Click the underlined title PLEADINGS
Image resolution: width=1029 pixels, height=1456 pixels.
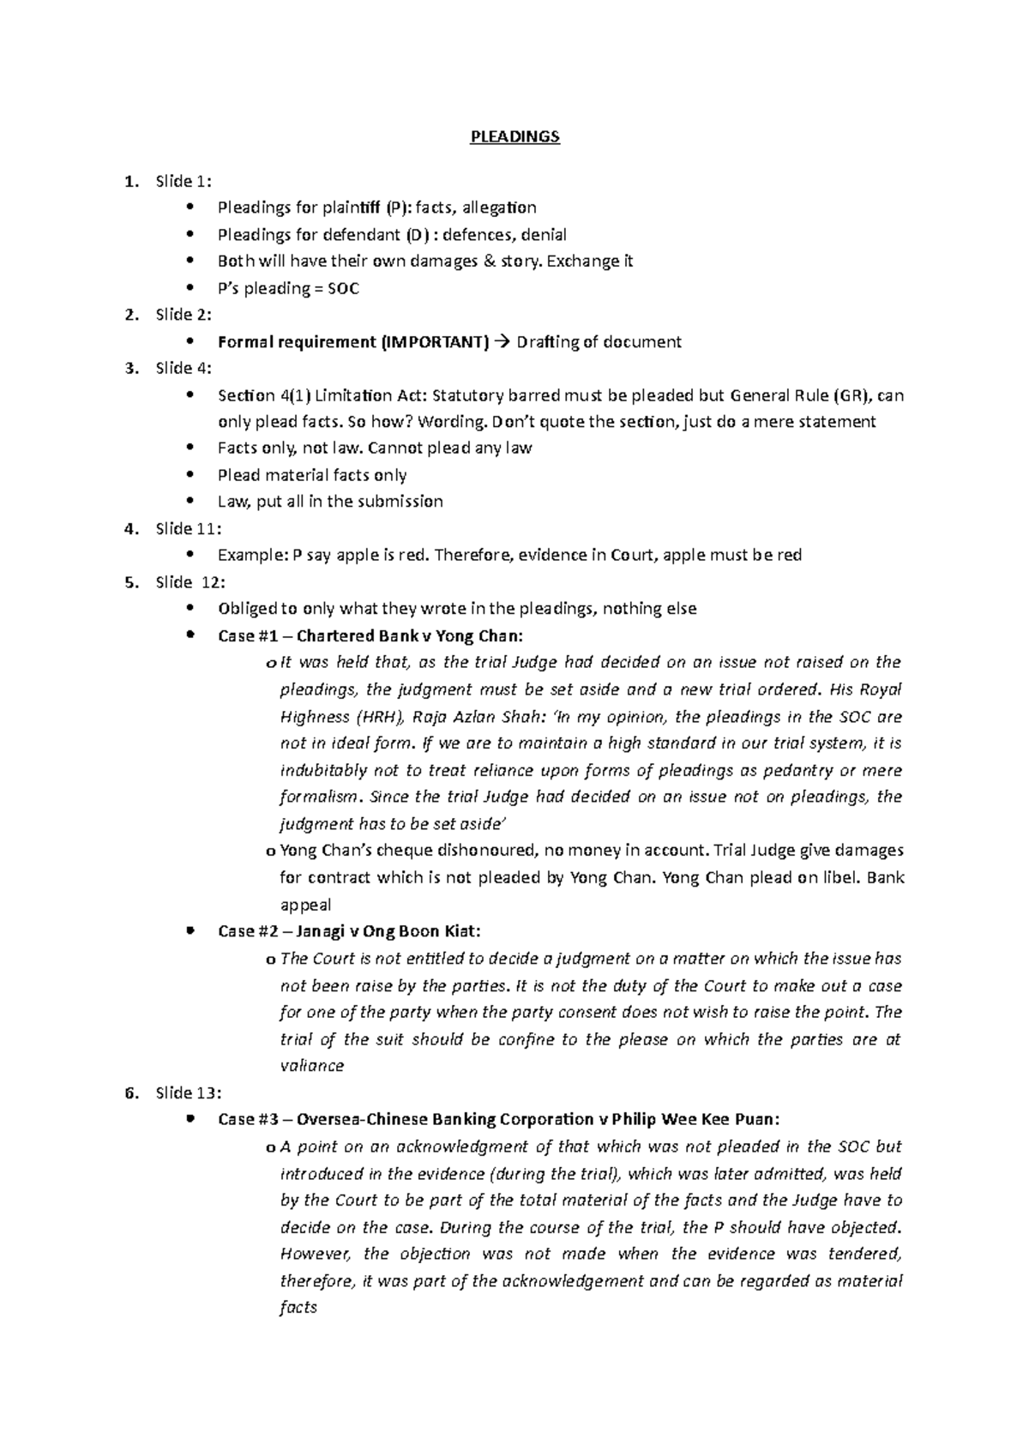(514, 137)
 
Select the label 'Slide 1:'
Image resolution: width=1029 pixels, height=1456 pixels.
(183, 181)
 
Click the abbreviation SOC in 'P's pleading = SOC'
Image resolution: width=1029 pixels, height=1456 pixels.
(344, 288)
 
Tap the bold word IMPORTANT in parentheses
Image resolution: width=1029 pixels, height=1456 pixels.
(435, 342)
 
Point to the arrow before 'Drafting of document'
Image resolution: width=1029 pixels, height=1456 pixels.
(502, 342)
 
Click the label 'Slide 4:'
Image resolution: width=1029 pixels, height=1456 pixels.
(183, 369)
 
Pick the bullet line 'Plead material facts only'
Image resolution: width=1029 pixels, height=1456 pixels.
(312, 475)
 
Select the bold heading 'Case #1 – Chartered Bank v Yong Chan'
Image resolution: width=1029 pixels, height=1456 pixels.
(370, 636)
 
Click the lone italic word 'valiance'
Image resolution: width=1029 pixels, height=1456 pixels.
(312, 1066)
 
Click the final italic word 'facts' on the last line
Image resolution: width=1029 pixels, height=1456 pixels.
(298, 1308)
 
